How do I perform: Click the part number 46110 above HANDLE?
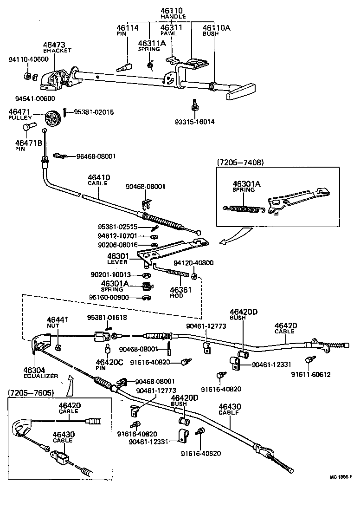tap(173, 10)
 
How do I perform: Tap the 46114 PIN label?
tap(127, 30)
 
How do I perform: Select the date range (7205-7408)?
tap(240, 162)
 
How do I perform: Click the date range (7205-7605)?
tap(31, 393)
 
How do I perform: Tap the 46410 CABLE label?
tap(98, 180)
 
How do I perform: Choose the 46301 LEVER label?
tap(117, 259)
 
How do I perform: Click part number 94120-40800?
tap(193, 263)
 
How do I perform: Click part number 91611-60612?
tap(311, 375)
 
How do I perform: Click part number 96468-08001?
tap(96, 156)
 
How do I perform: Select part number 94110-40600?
tap(28, 59)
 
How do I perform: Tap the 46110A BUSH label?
tap(216, 30)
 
